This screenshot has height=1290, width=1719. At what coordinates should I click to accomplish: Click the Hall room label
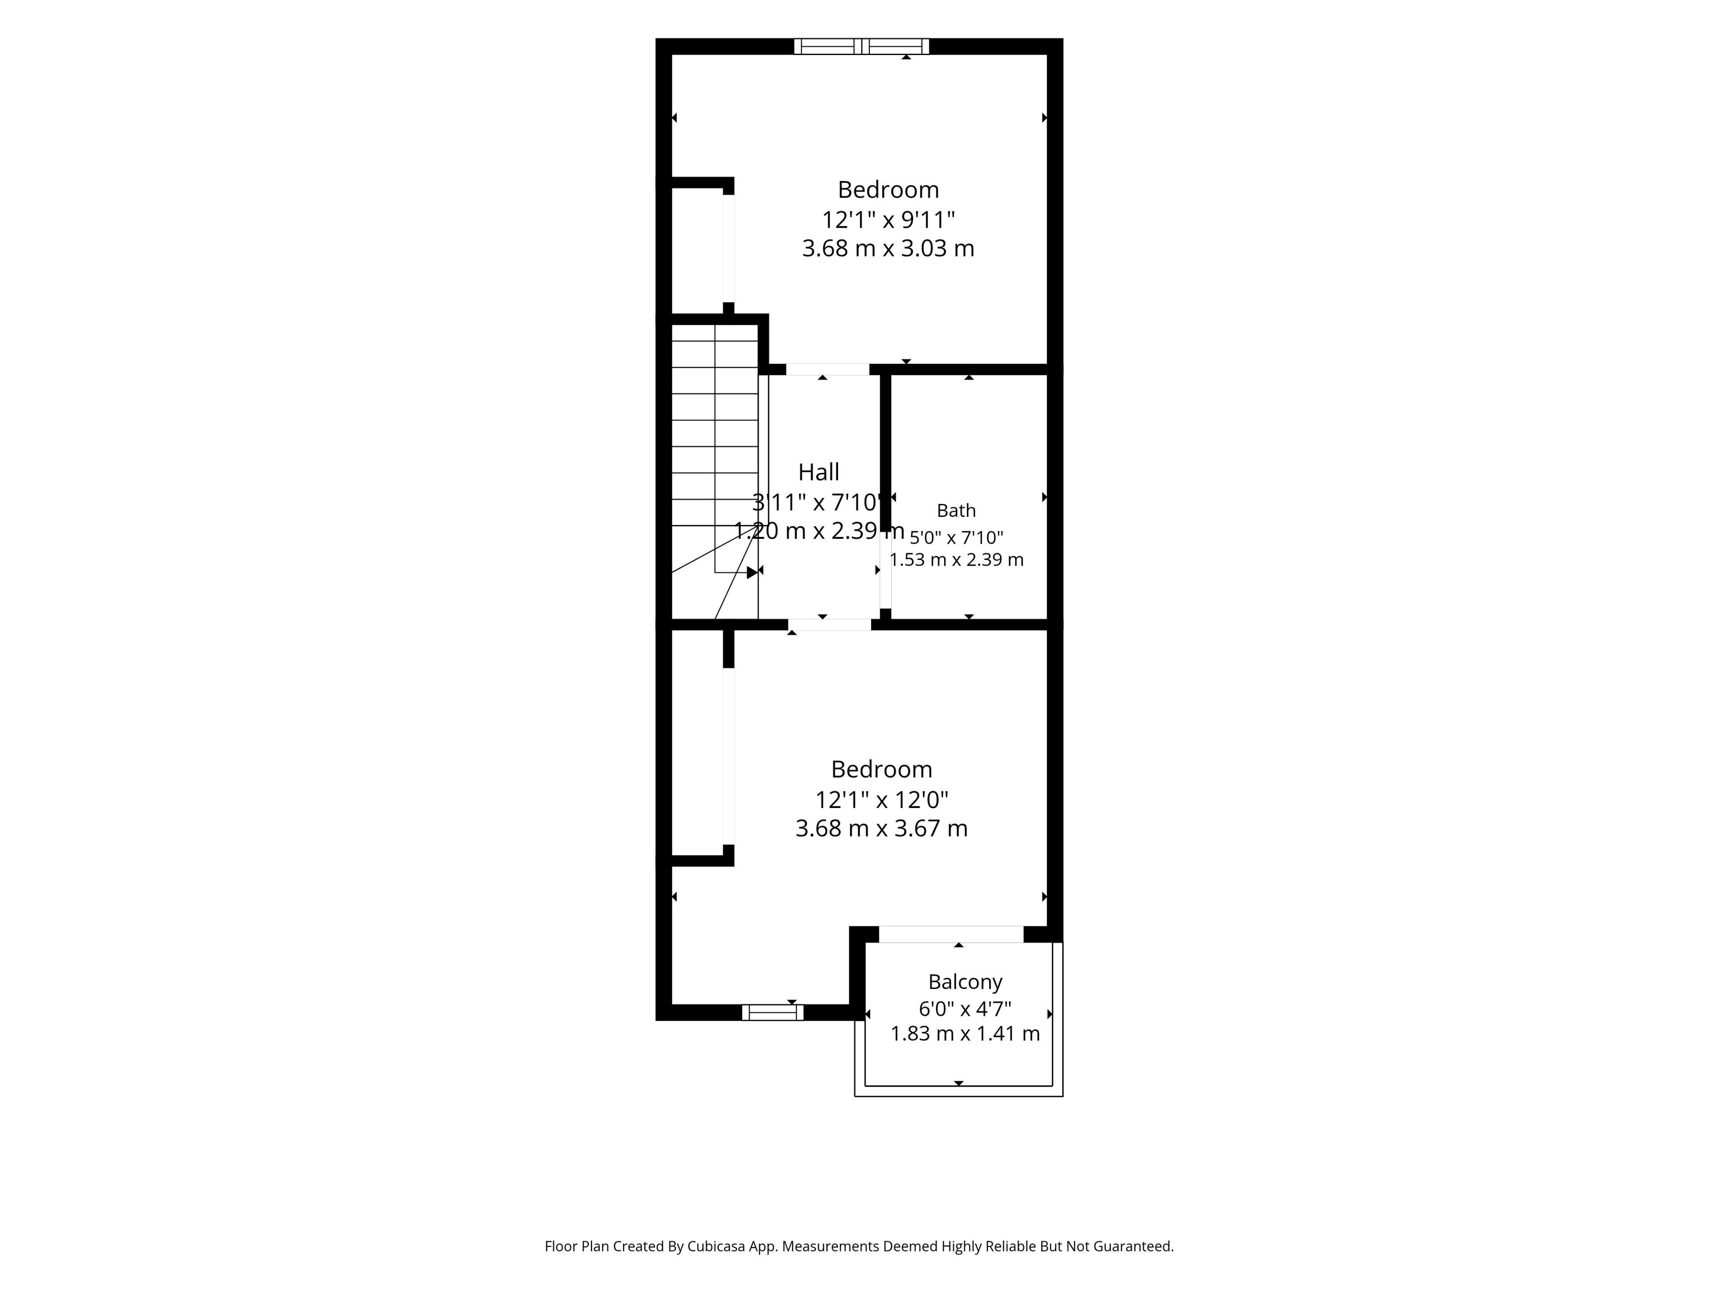[819, 472]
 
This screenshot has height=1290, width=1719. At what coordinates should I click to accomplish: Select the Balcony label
[965, 982]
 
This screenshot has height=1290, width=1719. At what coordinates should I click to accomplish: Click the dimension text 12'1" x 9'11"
[888, 219]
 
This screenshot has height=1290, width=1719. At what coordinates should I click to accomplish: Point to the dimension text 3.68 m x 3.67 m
[881, 828]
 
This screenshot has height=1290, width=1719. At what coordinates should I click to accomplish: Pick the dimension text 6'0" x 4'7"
[965, 1009]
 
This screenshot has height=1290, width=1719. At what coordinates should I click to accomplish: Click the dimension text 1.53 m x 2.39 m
[957, 560]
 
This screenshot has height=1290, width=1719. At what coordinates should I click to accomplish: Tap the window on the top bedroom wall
[861, 47]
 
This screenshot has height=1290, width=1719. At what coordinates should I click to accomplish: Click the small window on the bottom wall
[773, 1012]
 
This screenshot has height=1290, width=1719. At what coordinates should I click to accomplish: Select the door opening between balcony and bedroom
[951, 934]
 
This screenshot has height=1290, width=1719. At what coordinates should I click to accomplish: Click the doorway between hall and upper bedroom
[828, 370]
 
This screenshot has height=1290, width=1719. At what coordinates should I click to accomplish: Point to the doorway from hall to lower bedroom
[830, 624]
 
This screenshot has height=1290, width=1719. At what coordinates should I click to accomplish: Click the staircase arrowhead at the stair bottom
[752, 572]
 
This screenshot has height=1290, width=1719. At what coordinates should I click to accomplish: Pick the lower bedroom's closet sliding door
[729, 756]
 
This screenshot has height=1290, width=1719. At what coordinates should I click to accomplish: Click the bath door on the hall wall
[885, 574]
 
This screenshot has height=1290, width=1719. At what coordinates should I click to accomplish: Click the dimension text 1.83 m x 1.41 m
[965, 1033]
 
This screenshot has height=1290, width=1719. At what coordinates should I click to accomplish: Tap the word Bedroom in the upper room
[888, 190]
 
